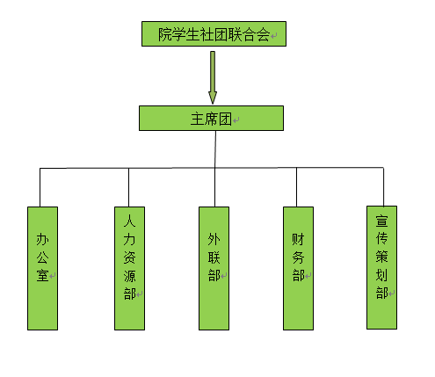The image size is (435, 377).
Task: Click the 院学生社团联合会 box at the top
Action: coord(214,33)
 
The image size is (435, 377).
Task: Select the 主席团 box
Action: coord(211,118)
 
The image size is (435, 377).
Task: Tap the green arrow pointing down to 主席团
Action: coord(213,77)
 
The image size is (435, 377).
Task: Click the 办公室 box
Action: coord(42,268)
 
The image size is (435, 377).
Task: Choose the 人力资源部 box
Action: coord(129,268)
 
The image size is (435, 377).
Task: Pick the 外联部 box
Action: coord(214,268)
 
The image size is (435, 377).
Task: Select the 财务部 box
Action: coord(298,268)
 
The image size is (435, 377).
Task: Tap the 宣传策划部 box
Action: coord(381,267)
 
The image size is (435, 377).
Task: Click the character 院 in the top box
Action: coord(165,34)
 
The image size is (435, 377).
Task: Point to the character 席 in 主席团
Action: coord(211,120)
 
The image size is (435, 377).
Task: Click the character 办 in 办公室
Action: coord(43,239)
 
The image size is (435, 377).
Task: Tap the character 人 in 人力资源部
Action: coord(129,221)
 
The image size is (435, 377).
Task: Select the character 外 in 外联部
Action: coord(214,239)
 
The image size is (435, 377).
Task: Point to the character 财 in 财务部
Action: coord(298,239)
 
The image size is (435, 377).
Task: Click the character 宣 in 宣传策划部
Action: coord(382,221)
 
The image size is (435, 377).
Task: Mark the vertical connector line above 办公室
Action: coord(40,187)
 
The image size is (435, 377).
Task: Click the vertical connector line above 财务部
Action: coord(296,187)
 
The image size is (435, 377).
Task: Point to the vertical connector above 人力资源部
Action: coord(128,187)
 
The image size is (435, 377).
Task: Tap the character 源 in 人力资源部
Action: coord(129,276)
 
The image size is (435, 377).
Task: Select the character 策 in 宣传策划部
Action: coord(382,257)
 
